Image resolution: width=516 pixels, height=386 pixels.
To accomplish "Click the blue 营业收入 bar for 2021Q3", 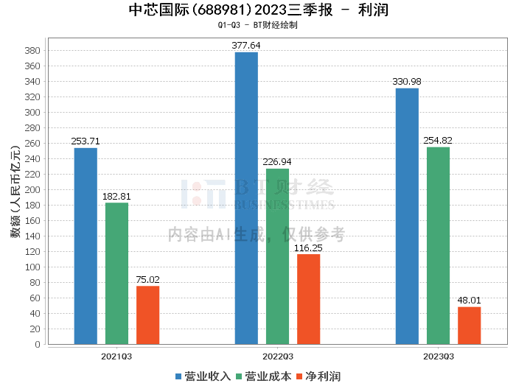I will coord(86,246).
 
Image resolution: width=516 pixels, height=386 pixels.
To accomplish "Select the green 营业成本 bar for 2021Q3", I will coord(116,273).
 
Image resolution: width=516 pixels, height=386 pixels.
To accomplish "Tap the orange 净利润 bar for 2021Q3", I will coord(147,315).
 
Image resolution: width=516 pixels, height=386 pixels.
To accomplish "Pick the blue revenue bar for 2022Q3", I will coord(246,198).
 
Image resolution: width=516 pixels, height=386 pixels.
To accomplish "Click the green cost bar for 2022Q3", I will coord(277,256).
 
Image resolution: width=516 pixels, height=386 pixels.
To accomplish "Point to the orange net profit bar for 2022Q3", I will coord(308,299).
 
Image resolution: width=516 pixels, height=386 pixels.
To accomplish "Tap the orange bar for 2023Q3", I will coord(469,325).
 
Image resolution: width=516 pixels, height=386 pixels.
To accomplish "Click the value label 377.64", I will coord(246,46).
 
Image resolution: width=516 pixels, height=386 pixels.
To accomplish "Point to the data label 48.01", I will coord(469,300).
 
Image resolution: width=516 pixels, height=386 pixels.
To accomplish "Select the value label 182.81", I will coord(116,196).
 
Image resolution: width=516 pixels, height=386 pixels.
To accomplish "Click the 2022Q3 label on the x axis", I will coord(277,356).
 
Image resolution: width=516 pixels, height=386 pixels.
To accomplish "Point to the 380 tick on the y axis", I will coord(33,51).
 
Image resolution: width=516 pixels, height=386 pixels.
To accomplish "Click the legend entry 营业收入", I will coord(203,376).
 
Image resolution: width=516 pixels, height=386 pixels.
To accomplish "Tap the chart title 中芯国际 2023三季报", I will coord(258,10).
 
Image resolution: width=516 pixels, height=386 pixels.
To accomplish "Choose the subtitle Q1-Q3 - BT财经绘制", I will coord(258,25).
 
